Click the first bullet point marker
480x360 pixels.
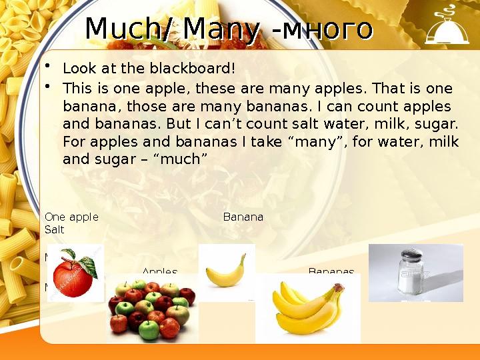49,67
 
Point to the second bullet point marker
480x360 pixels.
49,87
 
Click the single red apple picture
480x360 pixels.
72,273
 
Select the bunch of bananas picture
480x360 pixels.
307,308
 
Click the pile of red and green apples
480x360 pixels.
151,310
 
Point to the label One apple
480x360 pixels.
71,217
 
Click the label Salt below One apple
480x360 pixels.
54,229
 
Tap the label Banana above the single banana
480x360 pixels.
243,217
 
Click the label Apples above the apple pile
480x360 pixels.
160,271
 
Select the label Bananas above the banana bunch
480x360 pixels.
331,271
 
